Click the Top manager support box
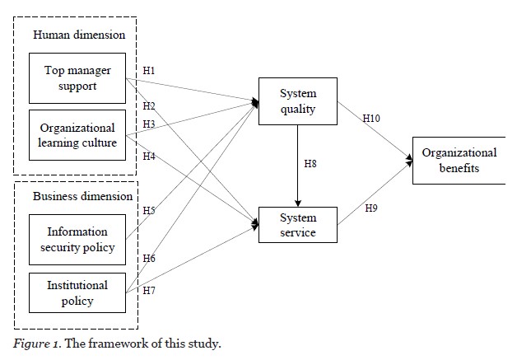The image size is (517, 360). [x=77, y=78]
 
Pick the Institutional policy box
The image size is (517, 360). [x=77, y=292]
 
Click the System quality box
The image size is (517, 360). [x=297, y=101]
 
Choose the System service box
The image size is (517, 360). [x=297, y=225]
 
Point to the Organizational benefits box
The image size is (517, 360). [x=459, y=161]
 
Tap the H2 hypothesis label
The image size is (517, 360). [x=148, y=106]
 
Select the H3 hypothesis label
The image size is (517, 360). [x=148, y=124]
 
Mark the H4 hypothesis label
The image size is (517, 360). [x=148, y=156]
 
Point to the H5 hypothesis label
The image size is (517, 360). [x=148, y=210]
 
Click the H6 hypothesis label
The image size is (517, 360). [x=148, y=259]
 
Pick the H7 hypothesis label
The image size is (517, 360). [x=148, y=290]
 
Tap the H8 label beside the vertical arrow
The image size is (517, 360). [x=310, y=164]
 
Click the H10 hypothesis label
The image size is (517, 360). [x=373, y=119]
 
